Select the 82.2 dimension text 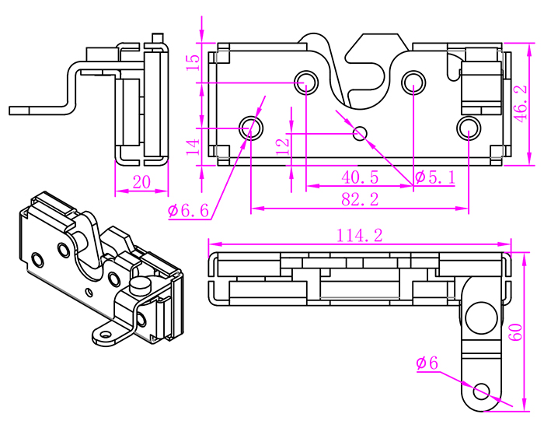(x=360, y=200)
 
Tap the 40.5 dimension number (x=360, y=177)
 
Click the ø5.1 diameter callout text (x=434, y=177)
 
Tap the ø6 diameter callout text (x=427, y=363)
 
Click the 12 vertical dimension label (x=282, y=142)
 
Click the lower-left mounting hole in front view (x=250, y=126)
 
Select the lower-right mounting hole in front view (x=469, y=126)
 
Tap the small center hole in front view (x=360, y=133)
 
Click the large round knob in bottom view (x=480, y=317)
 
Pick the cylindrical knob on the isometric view (x=141, y=285)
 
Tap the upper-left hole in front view (x=306, y=81)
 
